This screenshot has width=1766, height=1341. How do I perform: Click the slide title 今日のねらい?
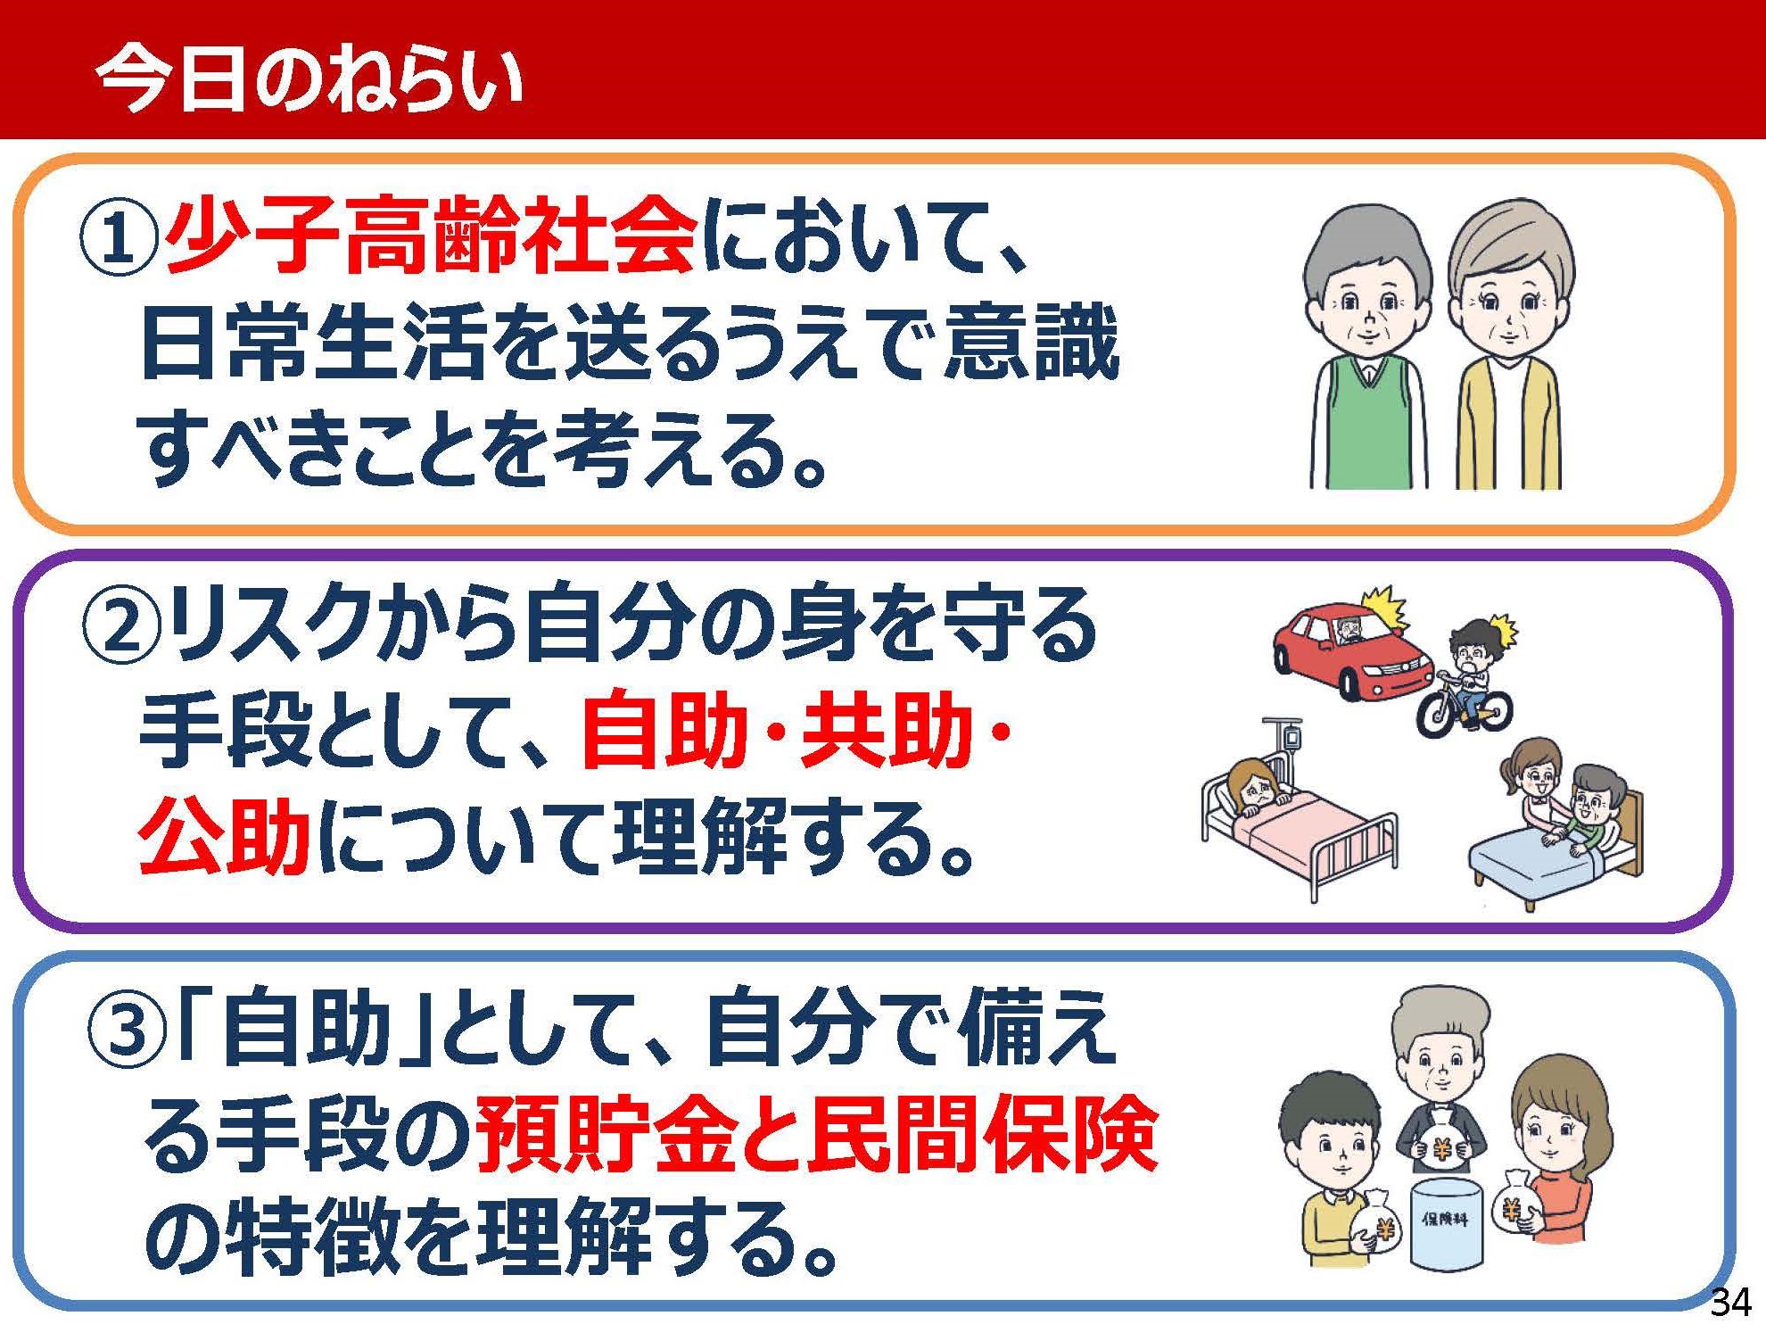(x=309, y=79)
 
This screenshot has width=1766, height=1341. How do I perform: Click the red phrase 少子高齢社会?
(x=431, y=236)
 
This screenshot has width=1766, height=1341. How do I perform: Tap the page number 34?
(x=1730, y=1303)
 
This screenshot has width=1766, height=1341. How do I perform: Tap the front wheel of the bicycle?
(x=1438, y=716)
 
